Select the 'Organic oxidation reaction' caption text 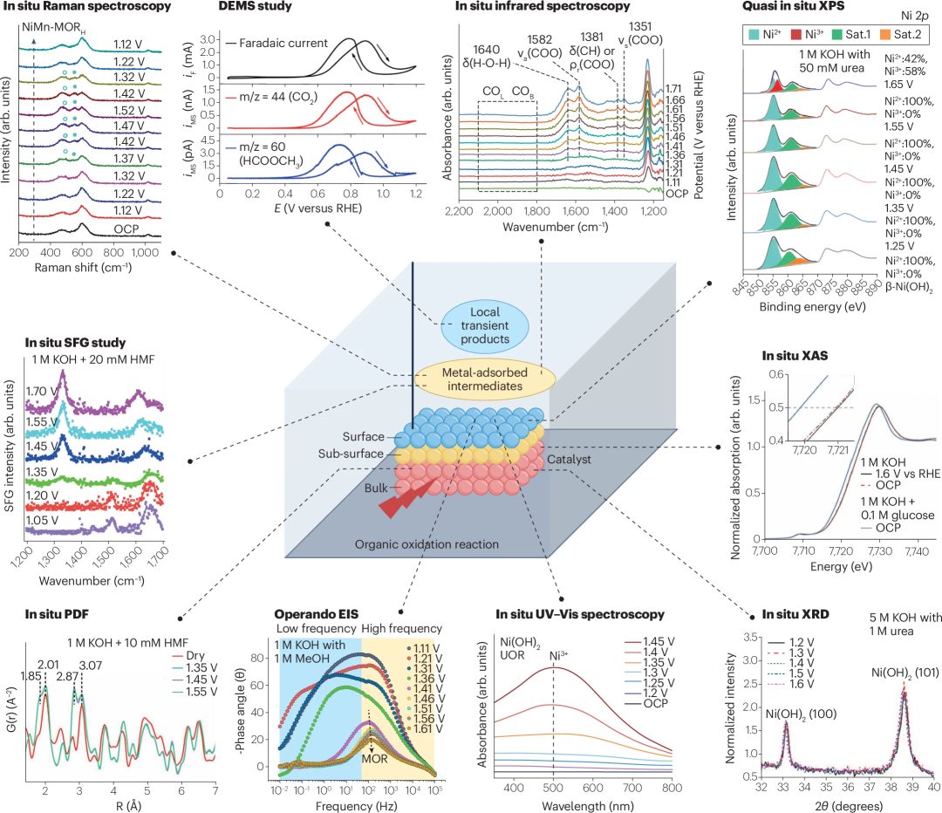pyautogui.click(x=427, y=544)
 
